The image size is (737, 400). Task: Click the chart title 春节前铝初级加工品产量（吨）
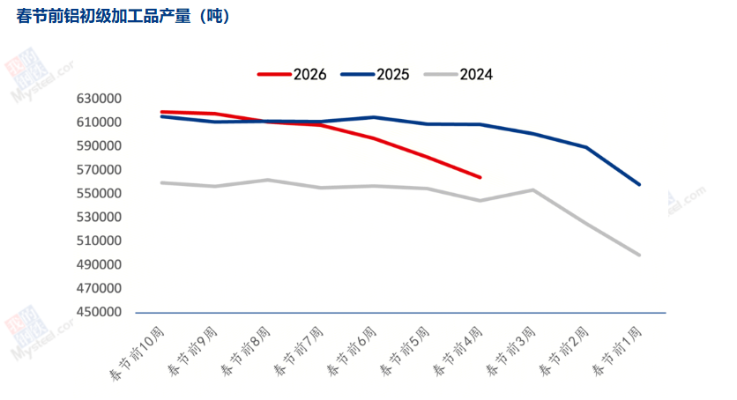(124, 17)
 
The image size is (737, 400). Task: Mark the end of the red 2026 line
(480, 177)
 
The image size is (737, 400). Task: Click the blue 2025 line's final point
(639, 185)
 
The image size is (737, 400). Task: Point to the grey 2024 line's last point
(639, 255)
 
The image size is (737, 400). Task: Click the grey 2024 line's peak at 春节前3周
(533, 189)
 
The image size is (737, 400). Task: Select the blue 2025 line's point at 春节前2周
(586, 147)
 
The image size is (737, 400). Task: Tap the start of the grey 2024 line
(162, 182)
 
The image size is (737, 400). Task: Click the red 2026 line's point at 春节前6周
(375, 138)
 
